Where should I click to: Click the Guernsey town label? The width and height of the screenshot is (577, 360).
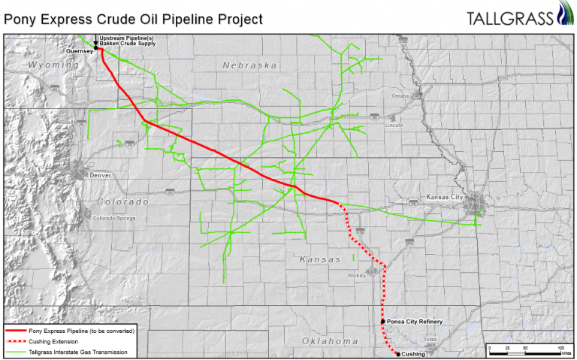pos(79,51)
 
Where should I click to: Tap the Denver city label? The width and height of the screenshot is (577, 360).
pos(100,174)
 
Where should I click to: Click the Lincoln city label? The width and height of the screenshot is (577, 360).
pos(394,126)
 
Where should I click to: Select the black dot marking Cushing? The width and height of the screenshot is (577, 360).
pos(398,353)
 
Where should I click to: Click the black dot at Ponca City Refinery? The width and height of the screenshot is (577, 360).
pos(383,322)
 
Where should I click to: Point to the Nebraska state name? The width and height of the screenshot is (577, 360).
pos(249,65)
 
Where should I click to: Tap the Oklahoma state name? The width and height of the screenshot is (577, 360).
pos(330,341)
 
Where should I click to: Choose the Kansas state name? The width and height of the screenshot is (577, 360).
pos(320,259)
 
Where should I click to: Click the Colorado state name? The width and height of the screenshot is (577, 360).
pos(122,201)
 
